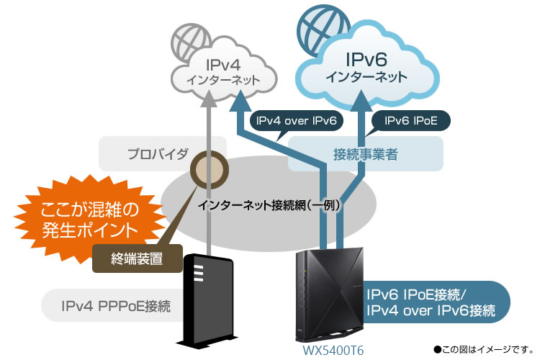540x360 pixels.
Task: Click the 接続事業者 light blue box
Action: [x=365, y=153]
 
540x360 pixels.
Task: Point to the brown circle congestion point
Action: [x=209, y=169]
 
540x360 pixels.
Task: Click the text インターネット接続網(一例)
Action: [x=269, y=204]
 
